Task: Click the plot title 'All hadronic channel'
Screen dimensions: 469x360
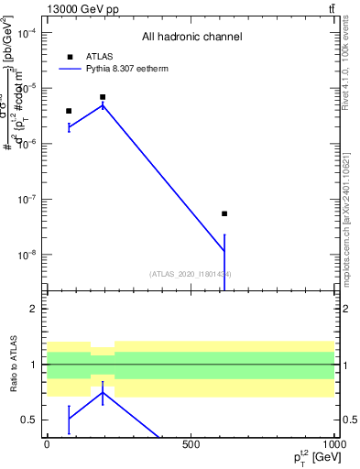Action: point(191,37)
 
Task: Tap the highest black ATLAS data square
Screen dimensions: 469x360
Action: point(103,97)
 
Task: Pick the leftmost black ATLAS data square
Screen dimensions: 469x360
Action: point(69,111)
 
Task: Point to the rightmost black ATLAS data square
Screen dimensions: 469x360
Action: point(224,213)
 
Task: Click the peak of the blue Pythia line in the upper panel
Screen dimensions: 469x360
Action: point(103,104)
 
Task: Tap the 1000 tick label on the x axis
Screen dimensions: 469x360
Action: point(333,444)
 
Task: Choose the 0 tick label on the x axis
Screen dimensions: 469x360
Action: point(47,444)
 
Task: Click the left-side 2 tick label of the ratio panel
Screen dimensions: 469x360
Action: point(33,309)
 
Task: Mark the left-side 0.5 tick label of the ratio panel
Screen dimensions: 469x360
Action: point(29,420)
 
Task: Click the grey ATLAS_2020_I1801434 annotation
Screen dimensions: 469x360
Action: point(191,274)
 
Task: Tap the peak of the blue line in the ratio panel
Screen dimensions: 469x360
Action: point(103,392)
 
